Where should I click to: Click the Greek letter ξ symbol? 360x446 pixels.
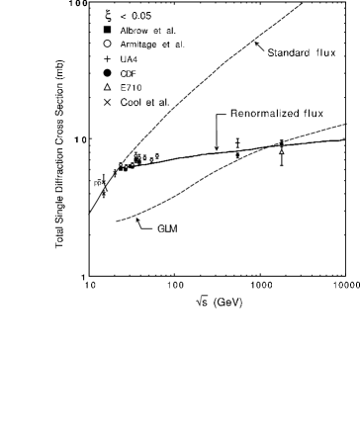(x=109, y=15)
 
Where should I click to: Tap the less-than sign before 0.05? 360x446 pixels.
(x=123, y=16)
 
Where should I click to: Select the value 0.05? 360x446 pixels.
(x=141, y=16)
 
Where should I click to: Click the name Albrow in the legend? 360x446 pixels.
(x=134, y=31)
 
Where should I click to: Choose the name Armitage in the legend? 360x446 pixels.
(x=138, y=45)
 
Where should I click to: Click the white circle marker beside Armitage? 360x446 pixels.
(x=107, y=45)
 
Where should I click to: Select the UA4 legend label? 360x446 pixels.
(x=129, y=59)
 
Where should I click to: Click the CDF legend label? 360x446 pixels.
(x=128, y=73)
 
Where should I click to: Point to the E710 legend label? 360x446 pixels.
(x=131, y=87)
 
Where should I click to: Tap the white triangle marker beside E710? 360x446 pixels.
(x=107, y=88)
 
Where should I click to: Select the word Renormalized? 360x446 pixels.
(x=264, y=114)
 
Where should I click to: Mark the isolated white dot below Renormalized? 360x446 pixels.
(x=282, y=152)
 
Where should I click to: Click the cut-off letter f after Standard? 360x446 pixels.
(x=317, y=52)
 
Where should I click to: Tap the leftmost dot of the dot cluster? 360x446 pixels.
(x=121, y=164)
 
